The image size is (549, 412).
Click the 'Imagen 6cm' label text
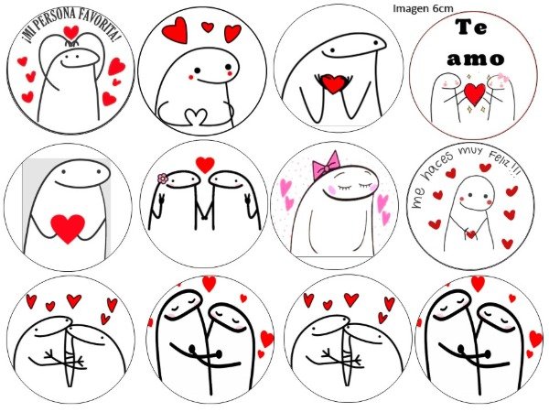click(x=423, y=9)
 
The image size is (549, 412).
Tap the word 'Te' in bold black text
click(x=471, y=27)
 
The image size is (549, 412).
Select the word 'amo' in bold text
click(x=476, y=59)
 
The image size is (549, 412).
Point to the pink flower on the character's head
click(x=163, y=179)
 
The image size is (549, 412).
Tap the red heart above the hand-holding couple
click(x=205, y=164)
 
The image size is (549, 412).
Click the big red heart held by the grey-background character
click(x=68, y=228)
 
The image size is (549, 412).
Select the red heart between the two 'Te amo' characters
click(x=474, y=93)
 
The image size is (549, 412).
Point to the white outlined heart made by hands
click(x=196, y=116)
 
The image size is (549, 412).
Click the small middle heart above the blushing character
click(x=208, y=27)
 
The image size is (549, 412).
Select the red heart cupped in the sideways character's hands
click(x=333, y=83)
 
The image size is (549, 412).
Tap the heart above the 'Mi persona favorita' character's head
click(x=71, y=32)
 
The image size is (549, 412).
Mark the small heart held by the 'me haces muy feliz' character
click(x=470, y=234)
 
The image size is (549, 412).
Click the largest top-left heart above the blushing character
click(x=175, y=30)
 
